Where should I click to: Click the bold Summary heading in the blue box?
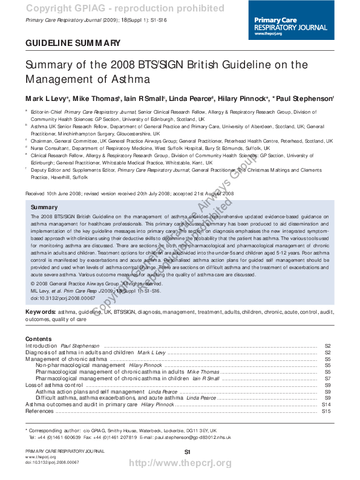click(x=44, y=207)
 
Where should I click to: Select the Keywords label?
click(x=41, y=312)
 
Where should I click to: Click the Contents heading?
click(x=39, y=339)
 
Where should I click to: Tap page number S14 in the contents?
click(x=326, y=404)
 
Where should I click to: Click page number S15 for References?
click(x=326, y=411)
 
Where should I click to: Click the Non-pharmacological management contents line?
click(x=80, y=365)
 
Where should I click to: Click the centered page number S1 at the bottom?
click(x=187, y=452)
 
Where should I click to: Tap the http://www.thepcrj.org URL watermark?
click(x=181, y=464)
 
